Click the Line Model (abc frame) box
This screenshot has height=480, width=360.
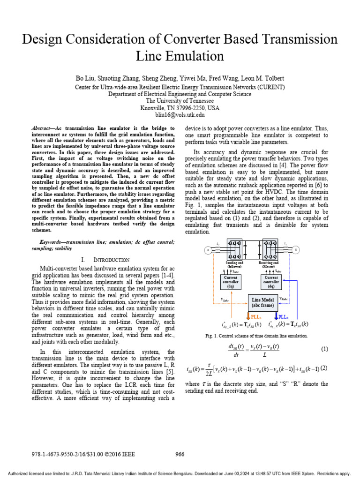(x=262, y=302)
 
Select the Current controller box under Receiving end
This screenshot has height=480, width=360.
(x=271, y=283)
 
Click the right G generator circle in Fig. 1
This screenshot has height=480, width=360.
(x=296, y=250)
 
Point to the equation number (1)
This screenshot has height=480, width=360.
(x=324, y=349)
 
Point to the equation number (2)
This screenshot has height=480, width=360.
(x=324, y=368)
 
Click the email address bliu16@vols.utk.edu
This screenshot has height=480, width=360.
(x=180, y=114)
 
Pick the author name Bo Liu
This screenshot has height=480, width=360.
(x=84, y=78)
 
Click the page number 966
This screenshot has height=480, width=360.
(x=180, y=454)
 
